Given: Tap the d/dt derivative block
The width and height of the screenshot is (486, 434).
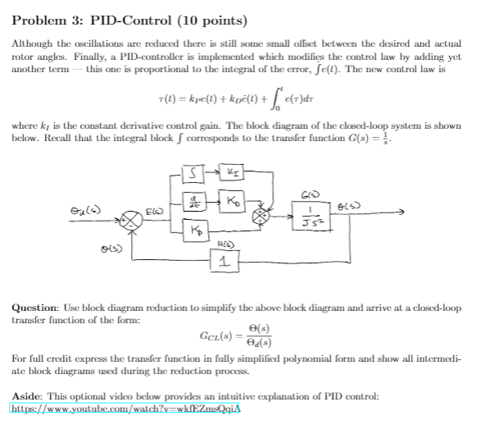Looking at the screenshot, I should click(190, 202).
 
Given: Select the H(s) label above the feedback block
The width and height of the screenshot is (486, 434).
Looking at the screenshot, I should click(223, 244).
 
